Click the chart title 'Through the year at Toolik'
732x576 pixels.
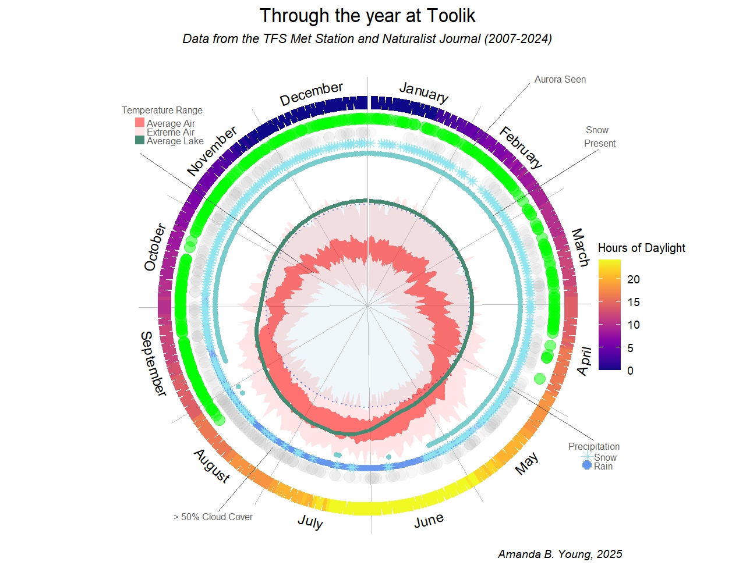[367, 16]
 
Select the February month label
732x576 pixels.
[521, 147]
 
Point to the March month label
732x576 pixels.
[579, 247]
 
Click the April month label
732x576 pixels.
[584, 361]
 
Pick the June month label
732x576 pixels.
[429, 521]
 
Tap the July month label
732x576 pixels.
[310, 521]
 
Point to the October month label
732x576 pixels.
[155, 247]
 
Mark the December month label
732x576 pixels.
[311, 94]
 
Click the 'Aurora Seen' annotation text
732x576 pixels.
[560, 80]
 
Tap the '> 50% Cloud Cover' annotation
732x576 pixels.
[213, 517]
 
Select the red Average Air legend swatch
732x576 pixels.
[140, 123]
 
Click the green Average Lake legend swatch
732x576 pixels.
[140, 140]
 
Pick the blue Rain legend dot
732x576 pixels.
[587, 465]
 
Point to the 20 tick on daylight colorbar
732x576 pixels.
[634, 279]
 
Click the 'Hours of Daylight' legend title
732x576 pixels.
[641, 248]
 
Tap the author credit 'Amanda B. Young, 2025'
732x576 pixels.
[560, 554]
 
